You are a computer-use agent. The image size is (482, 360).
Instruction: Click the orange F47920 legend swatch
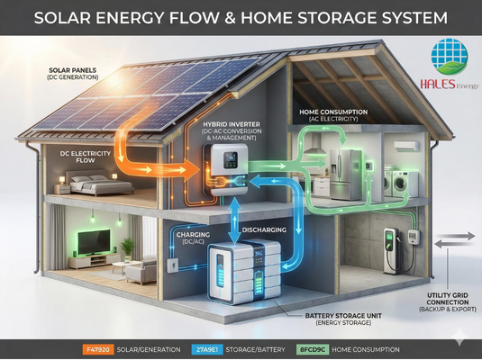point(98,349)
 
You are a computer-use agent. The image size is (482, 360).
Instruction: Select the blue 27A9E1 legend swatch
point(207,349)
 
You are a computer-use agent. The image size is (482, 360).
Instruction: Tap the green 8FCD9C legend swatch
point(313,349)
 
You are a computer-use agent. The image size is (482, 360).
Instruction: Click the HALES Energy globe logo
point(449,57)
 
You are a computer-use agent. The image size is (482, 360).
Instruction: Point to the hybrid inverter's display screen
point(231,159)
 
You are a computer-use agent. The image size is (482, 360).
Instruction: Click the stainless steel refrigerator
point(345,175)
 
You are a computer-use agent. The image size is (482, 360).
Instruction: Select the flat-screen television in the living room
point(94,242)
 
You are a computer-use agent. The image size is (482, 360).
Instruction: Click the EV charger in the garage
point(392,250)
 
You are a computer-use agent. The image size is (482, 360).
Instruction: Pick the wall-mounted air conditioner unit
point(406,146)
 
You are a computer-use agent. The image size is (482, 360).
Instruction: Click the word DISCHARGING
point(264,229)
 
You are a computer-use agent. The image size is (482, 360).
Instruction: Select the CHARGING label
point(193,235)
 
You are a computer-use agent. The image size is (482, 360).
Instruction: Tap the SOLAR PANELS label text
point(73,70)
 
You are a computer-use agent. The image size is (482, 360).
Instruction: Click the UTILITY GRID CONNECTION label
point(448,299)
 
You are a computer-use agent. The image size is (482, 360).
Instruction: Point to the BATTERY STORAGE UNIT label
point(343,316)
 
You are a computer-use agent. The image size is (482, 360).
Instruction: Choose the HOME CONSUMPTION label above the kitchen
point(333,112)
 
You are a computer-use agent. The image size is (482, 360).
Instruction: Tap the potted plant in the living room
point(127,249)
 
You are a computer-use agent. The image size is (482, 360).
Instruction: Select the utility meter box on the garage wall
point(414,237)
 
